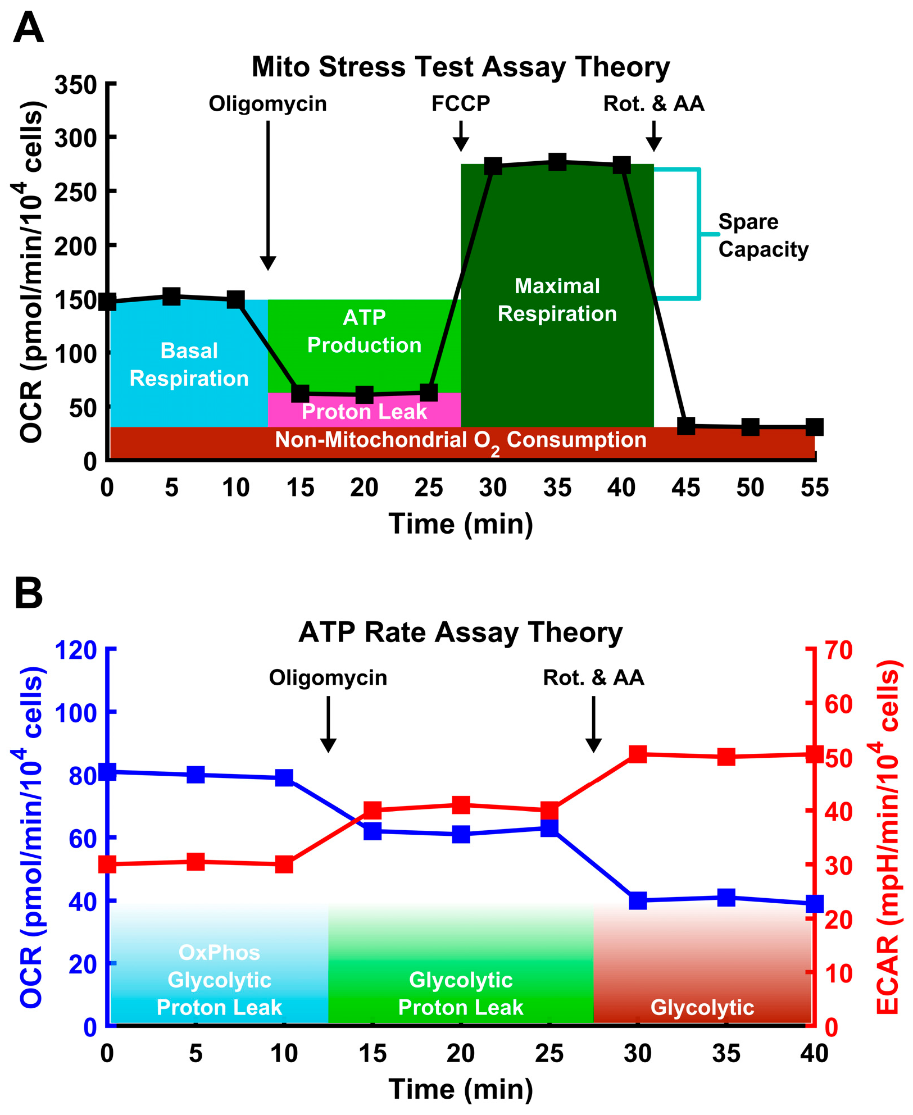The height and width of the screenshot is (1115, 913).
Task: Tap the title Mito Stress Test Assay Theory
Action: [460, 67]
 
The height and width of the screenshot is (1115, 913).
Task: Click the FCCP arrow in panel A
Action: [461, 136]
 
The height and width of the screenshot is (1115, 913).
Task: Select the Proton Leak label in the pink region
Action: [364, 412]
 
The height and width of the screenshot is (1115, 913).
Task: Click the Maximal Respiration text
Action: [557, 299]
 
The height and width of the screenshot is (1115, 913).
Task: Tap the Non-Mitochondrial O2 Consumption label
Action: [460, 440]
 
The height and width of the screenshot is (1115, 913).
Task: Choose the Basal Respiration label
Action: [189, 364]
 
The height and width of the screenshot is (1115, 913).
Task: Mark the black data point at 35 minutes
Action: [557, 162]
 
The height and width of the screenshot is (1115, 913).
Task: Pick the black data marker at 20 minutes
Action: [364, 394]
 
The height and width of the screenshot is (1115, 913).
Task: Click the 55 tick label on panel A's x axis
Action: [814, 488]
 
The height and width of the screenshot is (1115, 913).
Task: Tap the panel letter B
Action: [28, 594]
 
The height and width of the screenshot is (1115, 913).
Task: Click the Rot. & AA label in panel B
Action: [593, 677]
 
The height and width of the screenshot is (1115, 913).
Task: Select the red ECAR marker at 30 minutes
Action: [638, 754]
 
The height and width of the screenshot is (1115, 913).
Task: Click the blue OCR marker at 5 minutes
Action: [196, 775]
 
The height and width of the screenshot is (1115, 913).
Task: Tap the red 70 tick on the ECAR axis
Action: [838, 650]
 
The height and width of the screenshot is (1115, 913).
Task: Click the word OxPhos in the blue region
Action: [219, 953]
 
